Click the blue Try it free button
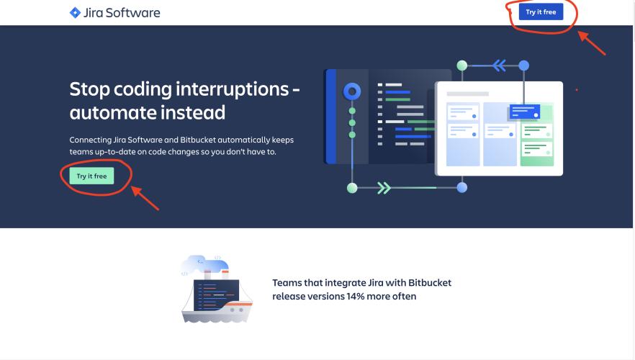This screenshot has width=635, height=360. click(540, 12)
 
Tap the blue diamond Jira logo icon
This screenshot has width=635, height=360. click(75, 12)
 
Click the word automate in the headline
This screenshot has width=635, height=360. click(113, 113)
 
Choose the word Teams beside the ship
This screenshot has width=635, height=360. click(288, 283)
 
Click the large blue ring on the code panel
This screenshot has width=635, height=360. click(352, 91)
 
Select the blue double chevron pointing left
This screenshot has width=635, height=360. click(498, 66)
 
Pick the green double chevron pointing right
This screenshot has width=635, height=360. click(384, 188)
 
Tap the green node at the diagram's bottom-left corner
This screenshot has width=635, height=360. click(352, 188)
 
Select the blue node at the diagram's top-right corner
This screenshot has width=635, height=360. click(524, 66)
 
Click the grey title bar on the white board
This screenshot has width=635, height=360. click(467, 94)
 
